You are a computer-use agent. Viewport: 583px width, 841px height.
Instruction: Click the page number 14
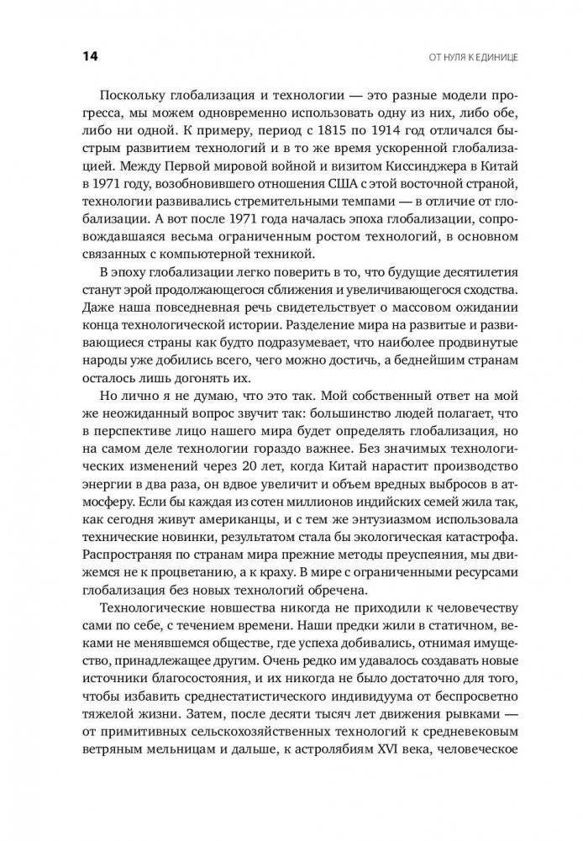pyautogui.click(x=91, y=56)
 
